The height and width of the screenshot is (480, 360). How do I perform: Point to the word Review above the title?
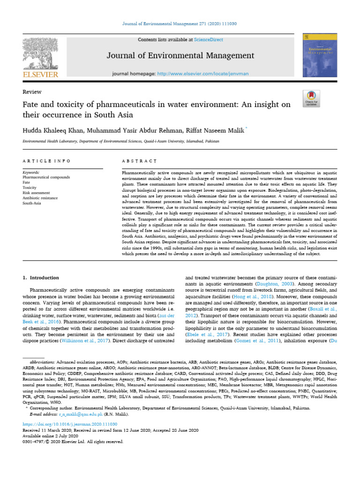32,92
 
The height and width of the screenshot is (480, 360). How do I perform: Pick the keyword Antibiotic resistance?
43,198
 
